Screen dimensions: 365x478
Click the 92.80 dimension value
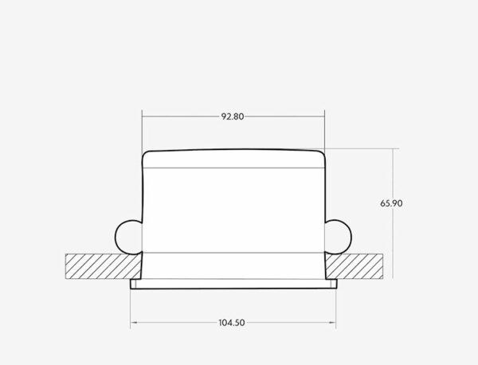point(233,116)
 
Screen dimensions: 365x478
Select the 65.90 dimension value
point(391,204)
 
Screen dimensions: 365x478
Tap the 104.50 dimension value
point(232,323)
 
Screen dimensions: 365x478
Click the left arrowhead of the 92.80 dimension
point(145,116)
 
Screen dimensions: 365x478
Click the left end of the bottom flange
point(132,284)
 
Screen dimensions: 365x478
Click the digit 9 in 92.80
point(224,116)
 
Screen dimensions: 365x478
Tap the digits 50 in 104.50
point(239,323)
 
